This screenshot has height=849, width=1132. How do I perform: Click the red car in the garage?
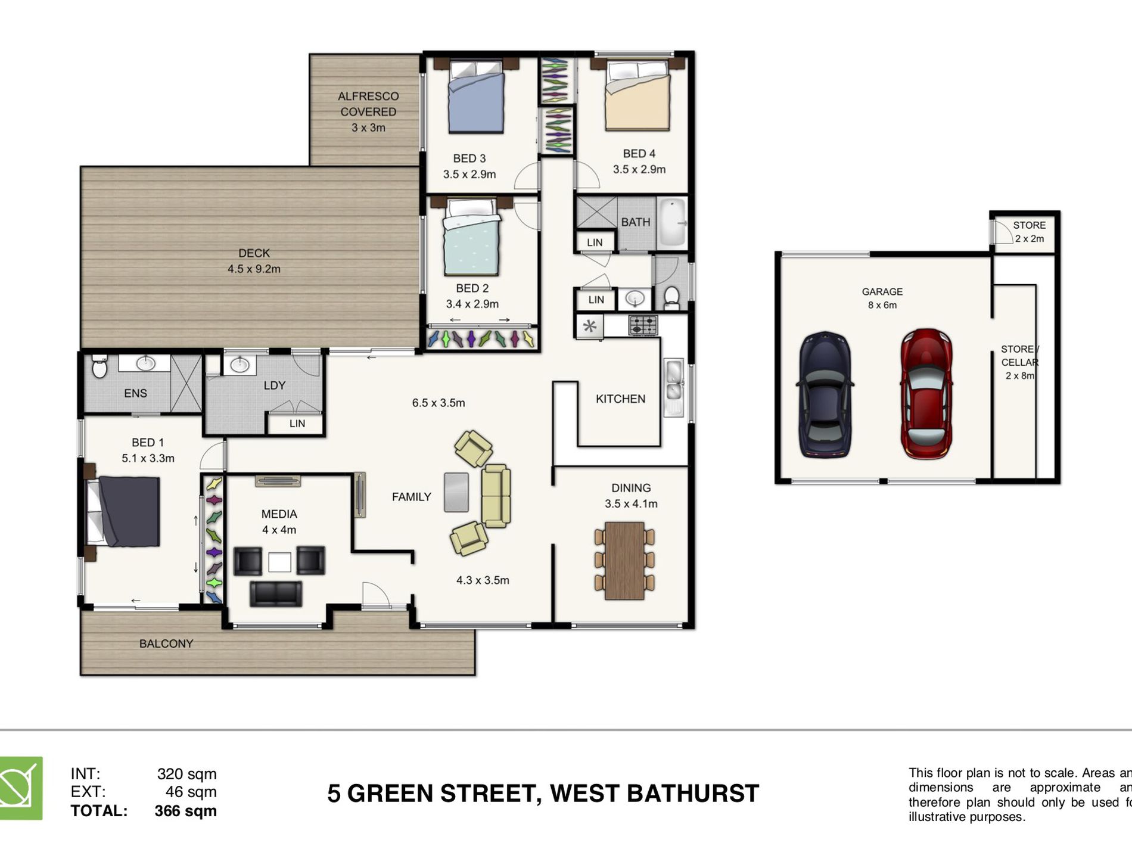(x=926, y=394)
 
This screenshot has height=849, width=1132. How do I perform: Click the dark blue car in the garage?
(x=825, y=395)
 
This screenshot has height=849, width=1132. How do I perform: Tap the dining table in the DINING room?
(x=624, y=561)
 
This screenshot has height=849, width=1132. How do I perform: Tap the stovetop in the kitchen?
(x=643, y=325)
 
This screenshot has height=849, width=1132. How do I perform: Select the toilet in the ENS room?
(x=99, y=367)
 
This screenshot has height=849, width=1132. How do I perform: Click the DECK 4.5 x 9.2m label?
(x=254, y=261)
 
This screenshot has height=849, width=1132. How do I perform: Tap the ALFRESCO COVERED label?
(x=368, y=104)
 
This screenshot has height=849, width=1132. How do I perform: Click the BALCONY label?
(x=166, y=643)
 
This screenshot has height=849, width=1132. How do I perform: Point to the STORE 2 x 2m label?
(x=1029, y=232)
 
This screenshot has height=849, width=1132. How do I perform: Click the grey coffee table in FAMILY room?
(x=456, y=492)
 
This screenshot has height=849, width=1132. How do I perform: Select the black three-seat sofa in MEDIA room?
(x=275, y=594)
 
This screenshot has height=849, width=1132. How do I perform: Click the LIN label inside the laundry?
(x=297, y=424)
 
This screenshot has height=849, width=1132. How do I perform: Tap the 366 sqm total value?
(x=185, y=811)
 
